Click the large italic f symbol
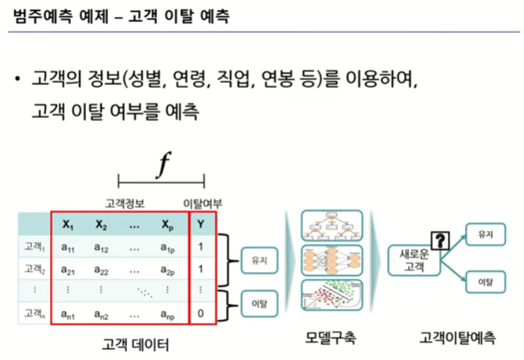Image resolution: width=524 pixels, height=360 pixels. coord(163,165)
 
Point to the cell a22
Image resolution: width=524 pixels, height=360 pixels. coord(102,269)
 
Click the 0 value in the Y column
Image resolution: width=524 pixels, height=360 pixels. coord(201,313)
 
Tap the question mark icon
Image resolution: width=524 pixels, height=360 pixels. coord(440,241)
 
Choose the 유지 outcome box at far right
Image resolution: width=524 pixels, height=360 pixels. coord(485,236)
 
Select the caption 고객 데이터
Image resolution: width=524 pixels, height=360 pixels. coord(135,345)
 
